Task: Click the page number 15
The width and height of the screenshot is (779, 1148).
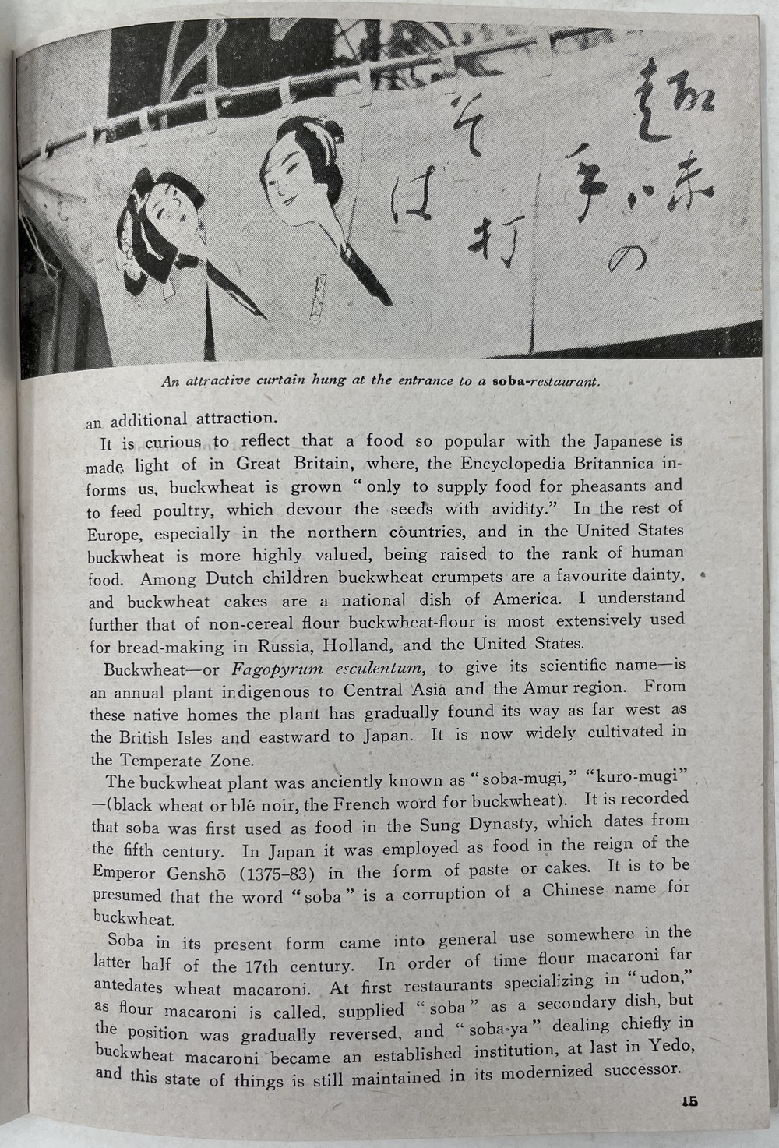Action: [x=688, y=1101]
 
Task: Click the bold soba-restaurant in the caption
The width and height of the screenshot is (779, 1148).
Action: [x=546, y=383]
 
